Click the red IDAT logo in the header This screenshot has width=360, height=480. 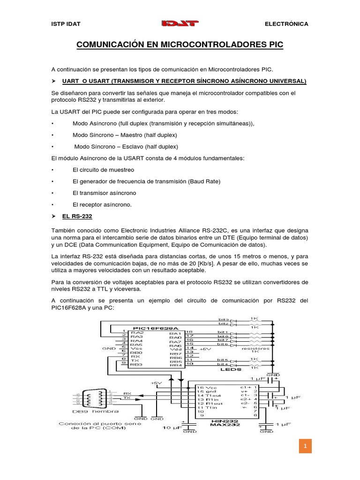tap(180, 23)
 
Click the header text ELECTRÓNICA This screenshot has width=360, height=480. tap(286, 24)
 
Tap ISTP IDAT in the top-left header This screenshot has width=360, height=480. tap(66, 24)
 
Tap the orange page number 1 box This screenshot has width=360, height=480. tap(305, 447)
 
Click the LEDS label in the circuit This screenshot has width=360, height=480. tap(230, 369)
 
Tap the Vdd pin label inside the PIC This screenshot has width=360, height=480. tap(176, 349)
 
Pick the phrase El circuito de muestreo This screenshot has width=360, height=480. tap(103, 169)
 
